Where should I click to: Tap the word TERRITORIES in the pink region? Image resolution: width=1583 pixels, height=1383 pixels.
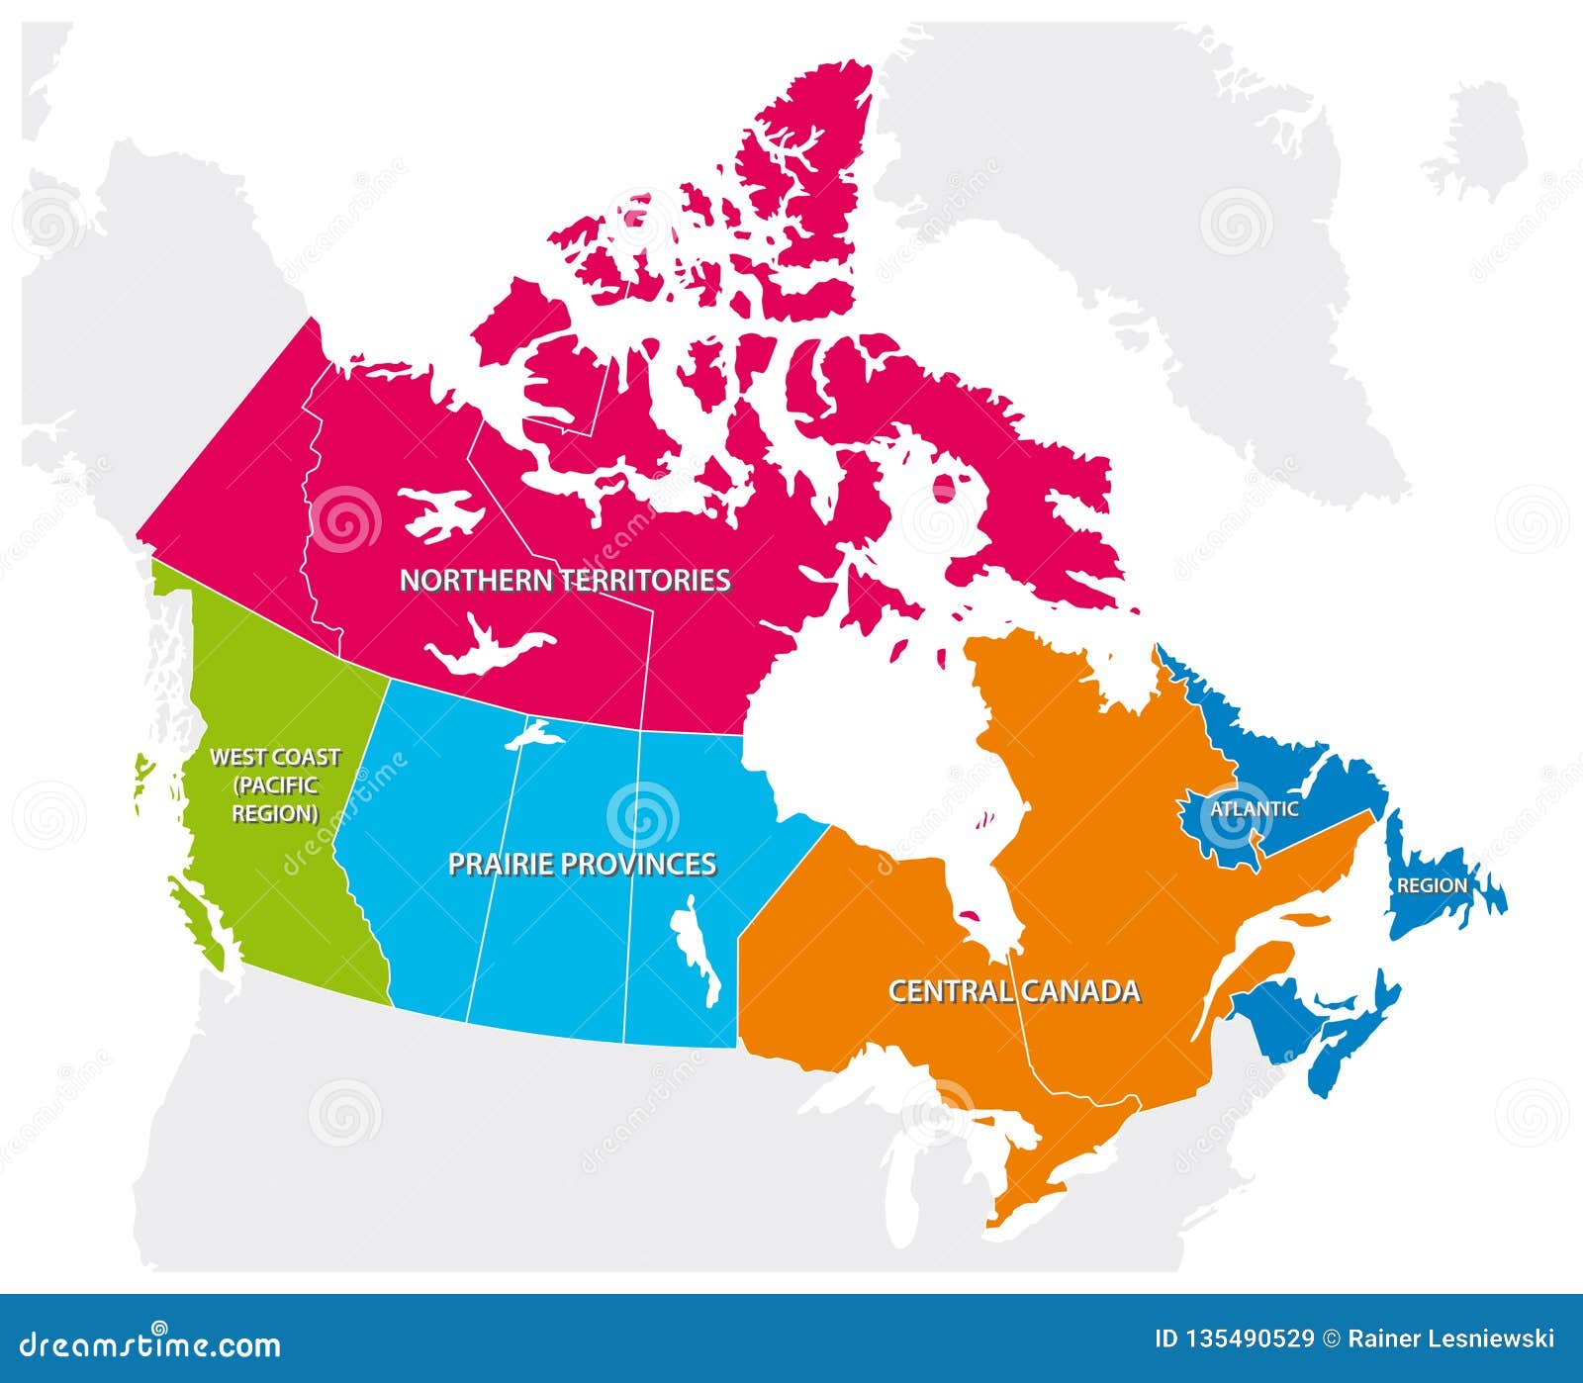point(647,580)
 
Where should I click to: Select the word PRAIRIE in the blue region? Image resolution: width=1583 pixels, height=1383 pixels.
point(497,865)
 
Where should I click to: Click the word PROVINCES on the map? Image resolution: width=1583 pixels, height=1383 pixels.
point(633,865)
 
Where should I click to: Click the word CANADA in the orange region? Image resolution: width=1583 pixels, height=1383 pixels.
point(1080,991)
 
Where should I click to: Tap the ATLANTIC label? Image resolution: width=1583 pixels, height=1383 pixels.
point(1254,809)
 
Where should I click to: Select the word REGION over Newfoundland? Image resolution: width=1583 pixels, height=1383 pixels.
point(1431,885)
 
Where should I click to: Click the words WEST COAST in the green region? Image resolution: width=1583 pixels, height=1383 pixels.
point(275,758)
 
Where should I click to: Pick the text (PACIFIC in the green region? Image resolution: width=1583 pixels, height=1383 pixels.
point(276,785)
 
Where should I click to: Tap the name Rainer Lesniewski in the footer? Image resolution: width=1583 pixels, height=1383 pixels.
point(1453,1339)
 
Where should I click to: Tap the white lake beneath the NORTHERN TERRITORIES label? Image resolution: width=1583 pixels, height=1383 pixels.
point(485,648)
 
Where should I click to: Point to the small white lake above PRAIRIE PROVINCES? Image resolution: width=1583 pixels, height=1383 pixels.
point(534,735)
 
